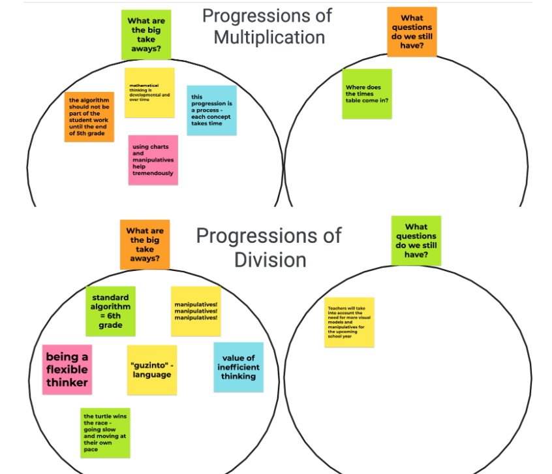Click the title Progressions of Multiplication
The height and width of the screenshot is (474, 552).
[x=268, y=26]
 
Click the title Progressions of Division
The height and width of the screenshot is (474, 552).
[x=269, y=247]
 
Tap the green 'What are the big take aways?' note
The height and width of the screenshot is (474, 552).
[x=146, y=35]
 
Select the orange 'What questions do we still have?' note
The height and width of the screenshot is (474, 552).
[x=412, y=32]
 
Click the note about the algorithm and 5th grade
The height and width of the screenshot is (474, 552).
[x=89, y=117]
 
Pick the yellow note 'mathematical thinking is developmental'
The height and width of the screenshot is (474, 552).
[x=149, y=93]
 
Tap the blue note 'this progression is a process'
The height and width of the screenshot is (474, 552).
[x=211, y=110]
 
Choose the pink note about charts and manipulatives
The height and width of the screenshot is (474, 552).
[x=153, y=160]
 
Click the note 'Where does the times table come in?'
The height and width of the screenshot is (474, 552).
[x=367, y=94]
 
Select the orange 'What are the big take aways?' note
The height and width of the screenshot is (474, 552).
[x=145, y=244]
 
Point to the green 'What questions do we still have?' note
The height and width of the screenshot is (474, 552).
[x=416, y=241]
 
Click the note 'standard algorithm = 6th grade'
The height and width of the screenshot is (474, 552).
[x=110, y=311]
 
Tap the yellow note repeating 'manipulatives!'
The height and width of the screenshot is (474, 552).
[x=196, y=311]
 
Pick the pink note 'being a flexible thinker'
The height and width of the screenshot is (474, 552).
[x=67, y=370]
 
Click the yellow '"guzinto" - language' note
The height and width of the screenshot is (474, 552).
[x=152, y=370]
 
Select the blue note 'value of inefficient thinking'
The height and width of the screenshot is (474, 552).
[x=238, y=367]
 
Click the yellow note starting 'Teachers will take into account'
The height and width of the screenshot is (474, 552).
[x=349, y=322]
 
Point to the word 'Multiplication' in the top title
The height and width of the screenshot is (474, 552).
[x=269, y=37]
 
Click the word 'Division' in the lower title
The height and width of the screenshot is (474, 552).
[x=270, y=259]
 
